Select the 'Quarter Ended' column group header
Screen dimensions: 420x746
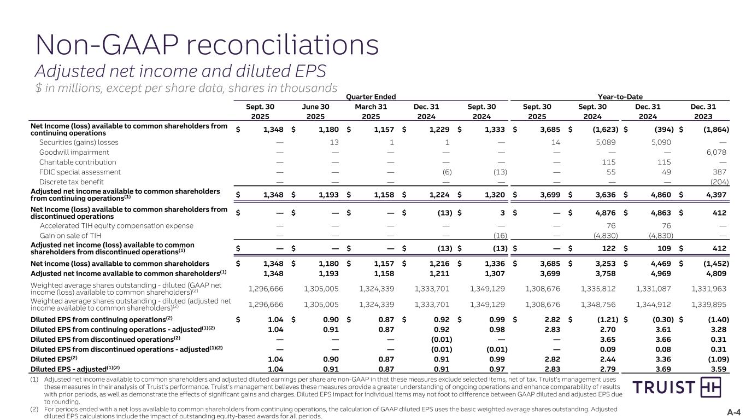pos(372,97)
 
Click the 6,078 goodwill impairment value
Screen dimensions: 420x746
pos(716,152)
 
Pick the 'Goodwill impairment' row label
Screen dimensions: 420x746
pos(74,152)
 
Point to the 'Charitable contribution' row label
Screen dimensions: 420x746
pos(78,162)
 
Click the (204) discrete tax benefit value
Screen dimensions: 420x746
pos(719,182)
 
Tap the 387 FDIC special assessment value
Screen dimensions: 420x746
pos(721,172)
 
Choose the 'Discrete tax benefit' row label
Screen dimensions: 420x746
pos(72,182)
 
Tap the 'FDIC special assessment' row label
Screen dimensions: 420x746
pos(78,172)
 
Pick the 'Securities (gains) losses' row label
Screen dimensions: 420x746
pos(79,142)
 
